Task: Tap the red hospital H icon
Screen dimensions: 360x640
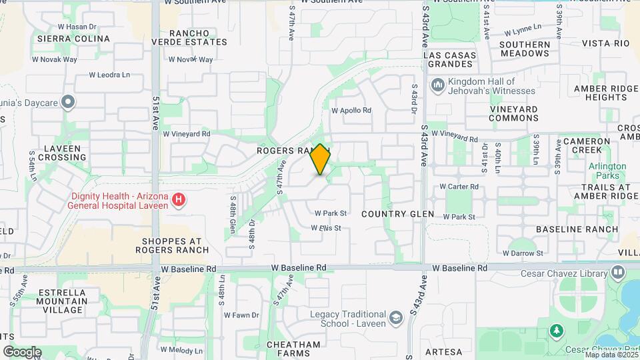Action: click(x=178, y=199)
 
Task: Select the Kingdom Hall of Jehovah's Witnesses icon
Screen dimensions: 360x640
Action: click(x=438, y=85)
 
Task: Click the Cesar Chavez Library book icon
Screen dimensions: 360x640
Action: click(x=618, y=272)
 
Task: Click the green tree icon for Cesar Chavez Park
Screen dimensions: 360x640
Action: click(x=555, y=331)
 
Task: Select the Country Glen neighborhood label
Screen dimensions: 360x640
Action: click(x=397, y=214)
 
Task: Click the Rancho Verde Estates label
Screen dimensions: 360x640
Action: click(x=198, y=37)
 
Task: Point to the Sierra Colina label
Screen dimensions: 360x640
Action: click(x=73, y=39)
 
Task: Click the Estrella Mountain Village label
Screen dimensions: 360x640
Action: click(x=62, y=301)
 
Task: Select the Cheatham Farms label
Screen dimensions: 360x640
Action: click(x=293, y=349)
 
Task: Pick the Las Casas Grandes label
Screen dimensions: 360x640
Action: click(x=451, y=59)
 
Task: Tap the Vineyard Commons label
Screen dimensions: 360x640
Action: click(x=513, y=113)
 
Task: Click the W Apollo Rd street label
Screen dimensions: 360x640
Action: click(x=351, y=110)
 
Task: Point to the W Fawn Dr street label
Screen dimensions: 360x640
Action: click(x=241, y=315)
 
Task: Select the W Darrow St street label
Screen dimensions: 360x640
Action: click(x=523, y=253)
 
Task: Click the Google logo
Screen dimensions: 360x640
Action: click(x=22, y=351)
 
